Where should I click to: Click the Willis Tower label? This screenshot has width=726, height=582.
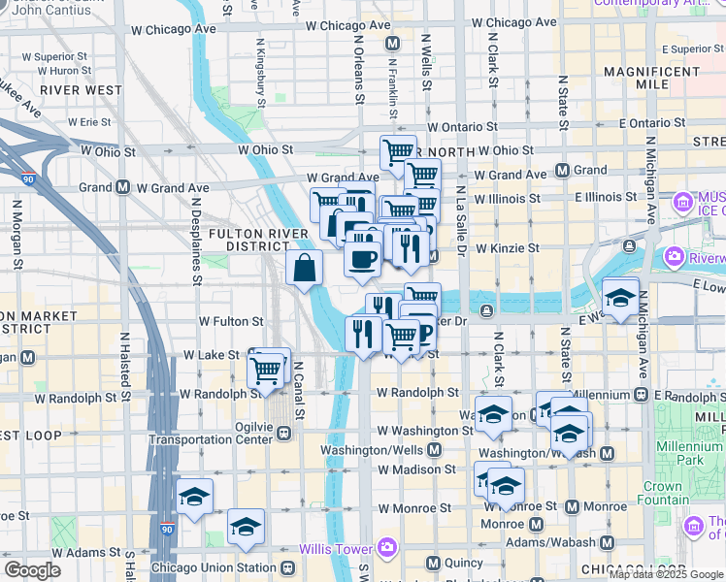[x=339, y=549]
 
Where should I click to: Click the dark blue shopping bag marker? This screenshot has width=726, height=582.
[x=304, y=270]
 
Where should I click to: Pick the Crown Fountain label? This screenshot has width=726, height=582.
[x=662, y=494]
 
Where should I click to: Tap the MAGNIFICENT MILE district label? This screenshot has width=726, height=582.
[x=650, y=79]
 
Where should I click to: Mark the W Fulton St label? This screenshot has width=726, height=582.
[x=231, y=321]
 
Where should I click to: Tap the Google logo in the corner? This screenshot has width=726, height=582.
[x=32, y=570]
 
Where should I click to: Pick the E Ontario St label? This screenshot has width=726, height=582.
[x=658, y=124]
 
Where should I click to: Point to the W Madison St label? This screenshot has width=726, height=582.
[x=416, y=469]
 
